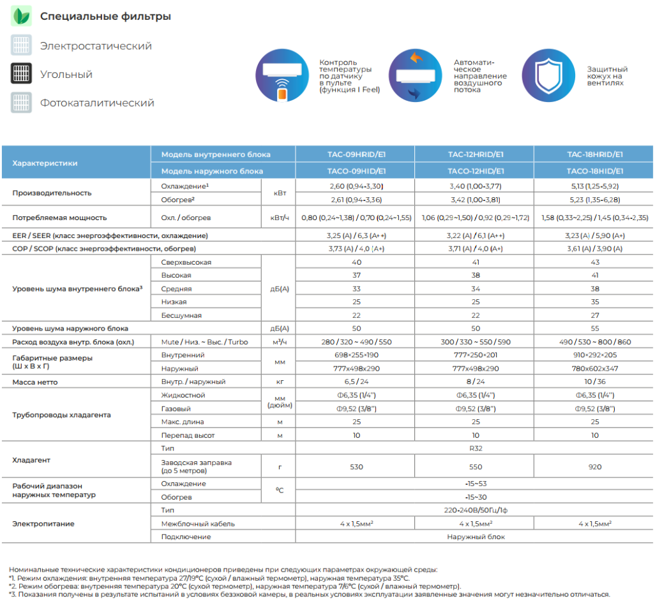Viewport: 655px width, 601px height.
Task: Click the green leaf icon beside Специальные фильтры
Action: coord(21,16)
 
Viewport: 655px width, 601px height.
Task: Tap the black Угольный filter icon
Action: coord(21,74)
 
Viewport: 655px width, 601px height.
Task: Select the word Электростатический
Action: coord(96,46)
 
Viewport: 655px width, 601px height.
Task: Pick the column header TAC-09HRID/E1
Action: coord(355,154)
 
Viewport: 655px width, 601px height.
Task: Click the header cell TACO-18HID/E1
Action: coord(594,171)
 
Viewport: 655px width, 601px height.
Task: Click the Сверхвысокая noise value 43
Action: coord(594,262)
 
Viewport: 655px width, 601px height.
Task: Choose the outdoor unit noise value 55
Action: coord(594,329)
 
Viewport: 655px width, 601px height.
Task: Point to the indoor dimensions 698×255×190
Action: coord(355,355)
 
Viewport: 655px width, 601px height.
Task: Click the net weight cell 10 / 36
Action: coord(594,382)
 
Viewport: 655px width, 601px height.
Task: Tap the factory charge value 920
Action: coord(594,466)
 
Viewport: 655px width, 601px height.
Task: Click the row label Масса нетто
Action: coord(34,382)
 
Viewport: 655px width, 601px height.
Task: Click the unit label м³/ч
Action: coord(279,342)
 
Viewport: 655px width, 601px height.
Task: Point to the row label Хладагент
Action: coord(31,459)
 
